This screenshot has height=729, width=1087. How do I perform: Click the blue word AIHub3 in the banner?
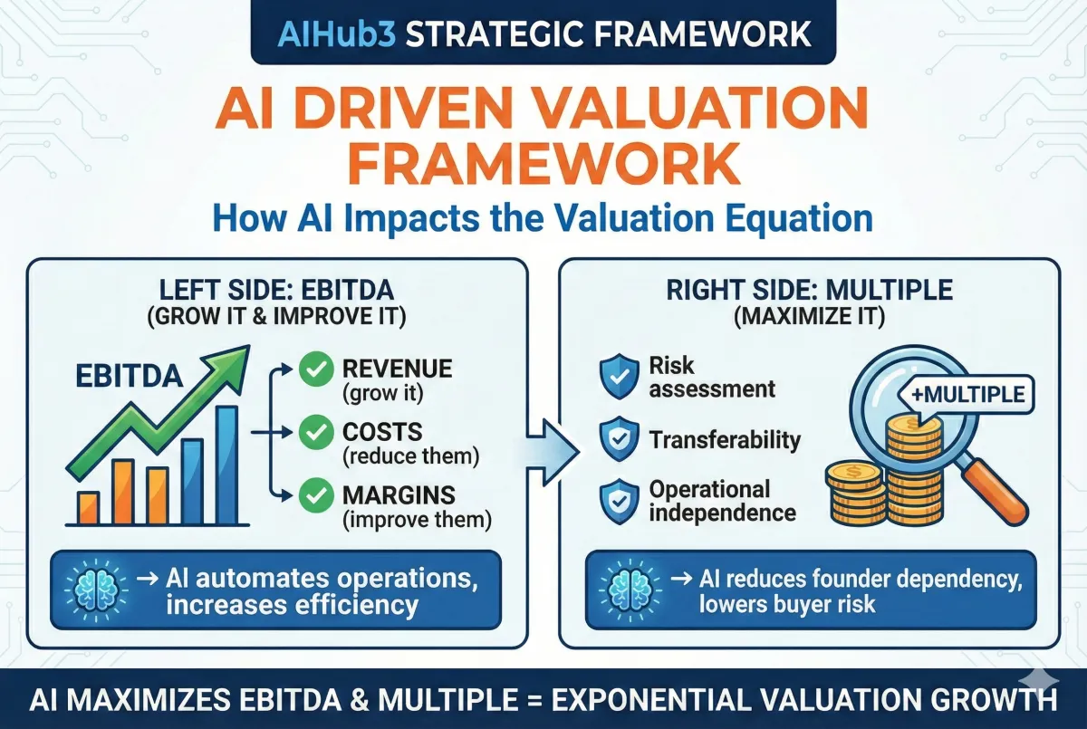[x=338, y=34]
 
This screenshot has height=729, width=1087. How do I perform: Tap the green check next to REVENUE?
[x=316, y=369]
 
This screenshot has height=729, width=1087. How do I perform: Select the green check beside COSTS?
[x=316, y=432]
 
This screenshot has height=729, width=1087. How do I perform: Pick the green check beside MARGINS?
[x=316, y=494]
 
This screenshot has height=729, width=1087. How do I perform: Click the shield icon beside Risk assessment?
[x=619, y=376]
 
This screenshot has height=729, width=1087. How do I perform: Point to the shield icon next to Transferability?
[x=619, y=438]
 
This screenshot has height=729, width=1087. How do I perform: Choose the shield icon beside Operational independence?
[x=619, y=502]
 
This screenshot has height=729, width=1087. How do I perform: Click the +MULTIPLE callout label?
[x=968, y=394]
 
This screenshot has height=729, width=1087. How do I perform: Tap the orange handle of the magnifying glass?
[x=996, y=493]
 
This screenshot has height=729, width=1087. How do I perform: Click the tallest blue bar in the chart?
[x=226, y=465]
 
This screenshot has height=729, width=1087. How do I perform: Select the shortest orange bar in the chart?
[x=89, y=508]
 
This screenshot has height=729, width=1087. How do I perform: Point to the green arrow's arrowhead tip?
[x=249, y=346]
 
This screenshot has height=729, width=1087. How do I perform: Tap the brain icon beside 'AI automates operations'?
[x=97, y=590]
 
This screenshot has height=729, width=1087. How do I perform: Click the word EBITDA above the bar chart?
[x=130, y=377]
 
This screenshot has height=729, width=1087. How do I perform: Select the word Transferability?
[x=725, y=440]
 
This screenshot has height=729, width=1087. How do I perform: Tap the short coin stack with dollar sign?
[x=855, y=494]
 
